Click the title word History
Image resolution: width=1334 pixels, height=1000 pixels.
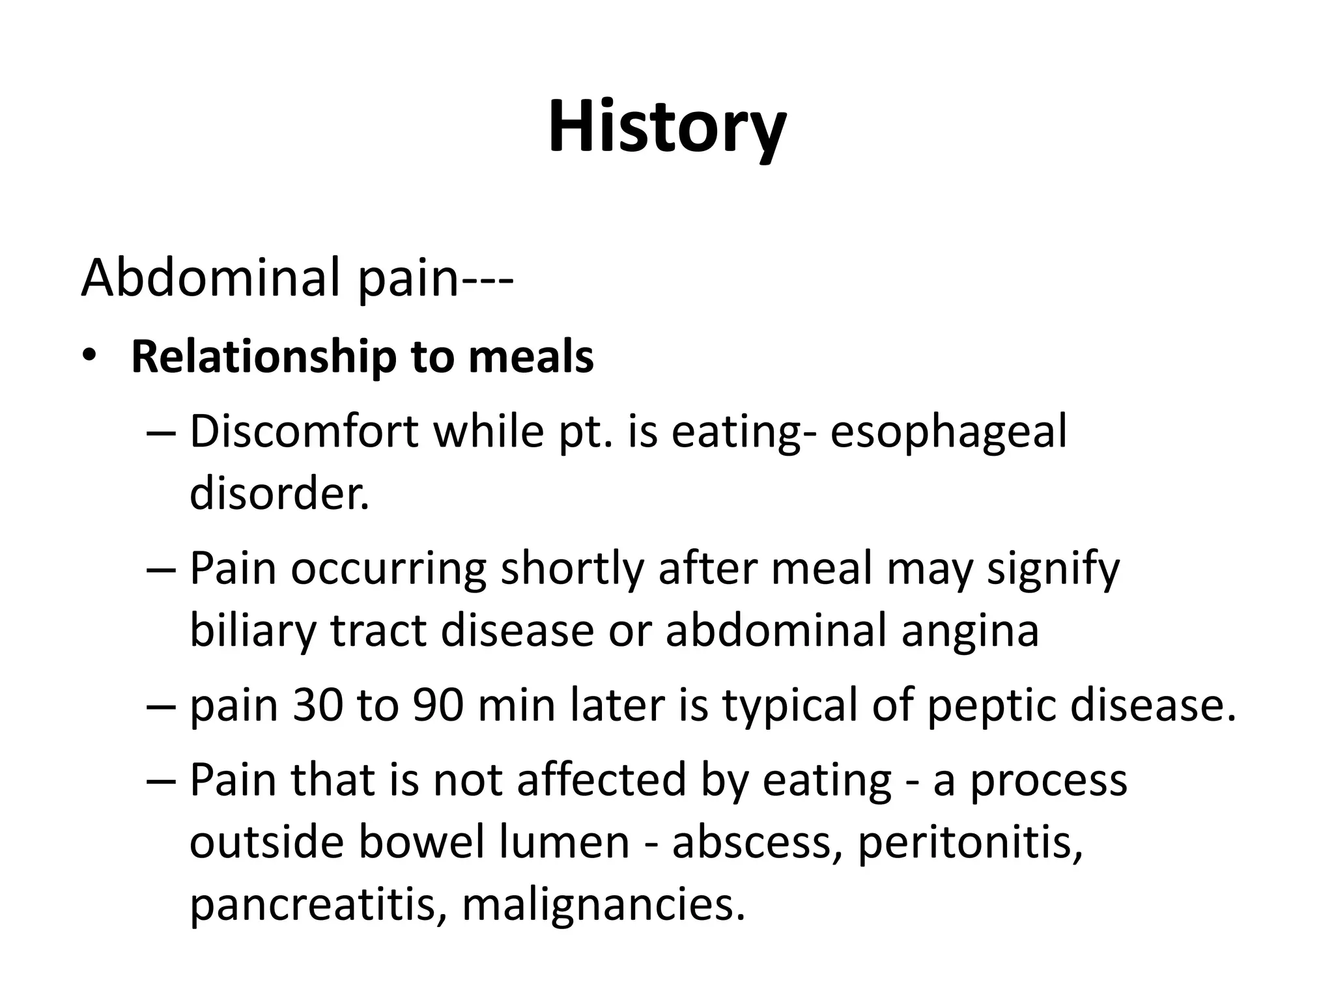click(x=666, y=128)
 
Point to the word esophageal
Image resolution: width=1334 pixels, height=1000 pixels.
click(x=949, y=433)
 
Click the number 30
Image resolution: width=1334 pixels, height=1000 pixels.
click(x=318, y=706)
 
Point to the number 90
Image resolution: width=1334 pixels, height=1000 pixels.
click(x=438, y=706)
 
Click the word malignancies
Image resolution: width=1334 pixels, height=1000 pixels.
click(x=603, y=906)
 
